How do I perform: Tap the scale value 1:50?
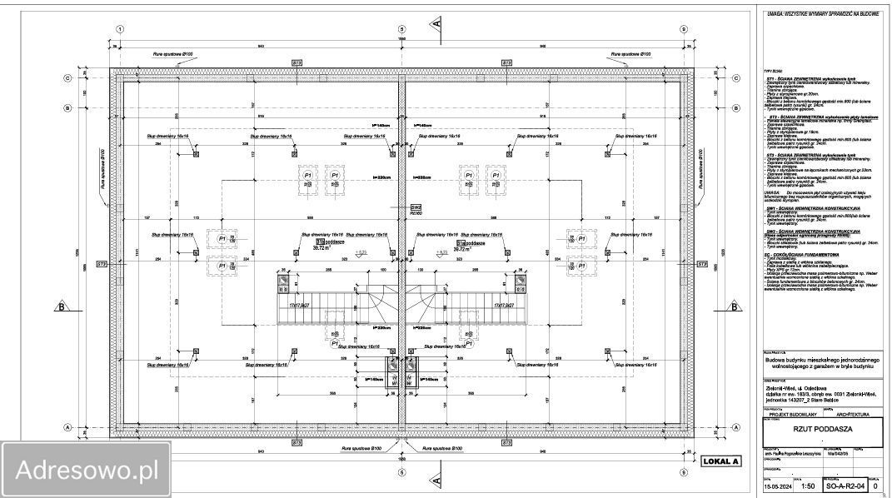tap(807, 485)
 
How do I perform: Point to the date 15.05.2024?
tap(777, 485)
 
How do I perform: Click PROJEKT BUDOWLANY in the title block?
tap(790, 414)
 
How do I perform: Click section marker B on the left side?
tap(62, 306)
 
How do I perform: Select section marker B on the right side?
tap(735, 306)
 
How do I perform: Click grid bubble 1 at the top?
tap(121, 28)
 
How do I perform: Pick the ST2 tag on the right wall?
tap(701, 264)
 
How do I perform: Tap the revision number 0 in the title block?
tap(875, 485)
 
